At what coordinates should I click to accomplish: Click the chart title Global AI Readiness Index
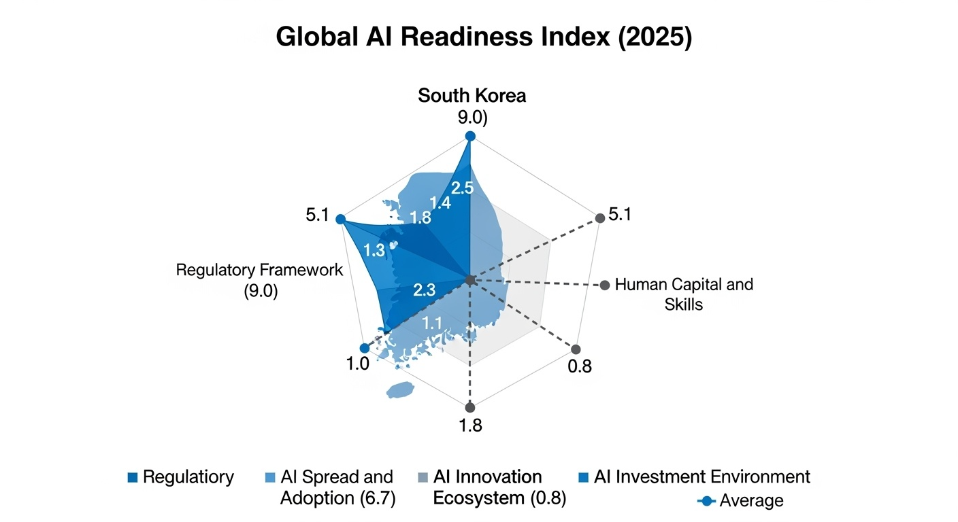click(x=483, y=37)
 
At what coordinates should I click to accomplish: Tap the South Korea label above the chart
click(x=472, y=95)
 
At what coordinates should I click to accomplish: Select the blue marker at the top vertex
click(x=469, y=137)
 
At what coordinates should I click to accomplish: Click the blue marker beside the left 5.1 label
click(x=340, y=220)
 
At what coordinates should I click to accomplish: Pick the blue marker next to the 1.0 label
click(x=365, y=348)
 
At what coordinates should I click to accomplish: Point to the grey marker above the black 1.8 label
click(x=469, y=408)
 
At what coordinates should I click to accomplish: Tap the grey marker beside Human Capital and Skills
click(x=604, y=285)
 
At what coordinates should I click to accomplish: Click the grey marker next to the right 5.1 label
click(x=599, y=218)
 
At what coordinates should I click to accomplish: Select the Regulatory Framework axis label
click(x=259, y=279)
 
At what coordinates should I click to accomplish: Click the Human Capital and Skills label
click(x=683, y=294)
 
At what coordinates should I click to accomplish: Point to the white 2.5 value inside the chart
click(x=462, y=189)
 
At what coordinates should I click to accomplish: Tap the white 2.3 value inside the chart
click(x=424, y=290)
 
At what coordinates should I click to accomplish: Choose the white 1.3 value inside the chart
click(x=374, y=250)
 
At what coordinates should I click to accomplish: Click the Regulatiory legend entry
click(x=180, y=477)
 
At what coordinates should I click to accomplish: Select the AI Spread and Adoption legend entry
click(x=329, y=487)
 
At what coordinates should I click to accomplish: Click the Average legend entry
click(x=742, y=501)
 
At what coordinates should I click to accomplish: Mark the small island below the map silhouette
click(x=399, y=390)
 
